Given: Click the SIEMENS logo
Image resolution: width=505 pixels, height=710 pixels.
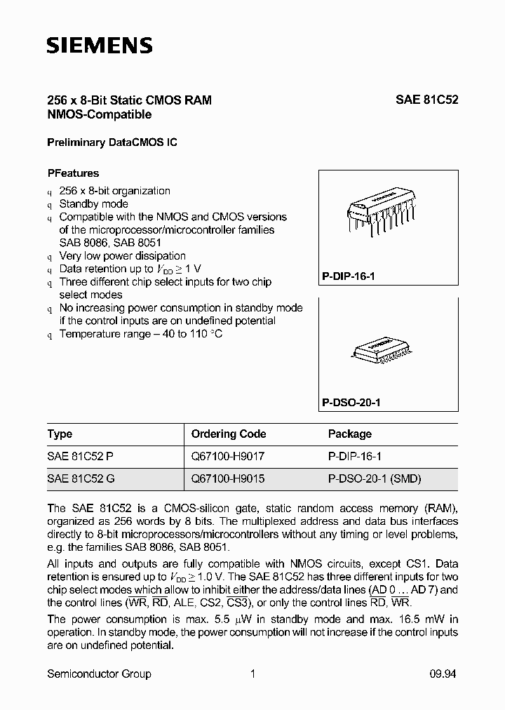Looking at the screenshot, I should pos(99,46).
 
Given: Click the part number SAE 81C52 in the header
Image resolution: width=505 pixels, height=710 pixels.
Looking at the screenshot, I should pos(426,100).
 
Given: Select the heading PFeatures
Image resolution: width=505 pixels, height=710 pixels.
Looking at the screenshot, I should pos(73,173).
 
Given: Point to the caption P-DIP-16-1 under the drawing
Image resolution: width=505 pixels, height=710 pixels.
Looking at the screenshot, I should pos(349,276).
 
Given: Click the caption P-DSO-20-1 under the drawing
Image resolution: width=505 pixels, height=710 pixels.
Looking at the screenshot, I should pos(351,404).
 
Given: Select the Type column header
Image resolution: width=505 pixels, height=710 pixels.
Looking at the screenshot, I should pos(60,434).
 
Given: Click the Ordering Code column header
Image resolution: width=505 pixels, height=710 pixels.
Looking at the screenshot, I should pos(229,434).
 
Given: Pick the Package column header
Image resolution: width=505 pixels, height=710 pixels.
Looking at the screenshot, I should pos(349,434).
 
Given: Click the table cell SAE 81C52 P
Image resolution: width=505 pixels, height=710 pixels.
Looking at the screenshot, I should pos(80,456).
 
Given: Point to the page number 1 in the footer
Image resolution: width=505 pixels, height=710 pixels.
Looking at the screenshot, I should pos(252,674).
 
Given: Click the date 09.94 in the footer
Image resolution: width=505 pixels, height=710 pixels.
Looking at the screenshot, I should pos(443,674).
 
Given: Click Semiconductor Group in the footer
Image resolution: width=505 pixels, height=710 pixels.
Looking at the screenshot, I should pos(99,674).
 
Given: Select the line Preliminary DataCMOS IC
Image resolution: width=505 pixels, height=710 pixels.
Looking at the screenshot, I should pos(112,142).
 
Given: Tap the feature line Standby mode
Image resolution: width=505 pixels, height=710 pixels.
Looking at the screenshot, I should pos(93,203).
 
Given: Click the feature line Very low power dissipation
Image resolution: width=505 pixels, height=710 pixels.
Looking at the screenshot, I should pos(123,256).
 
